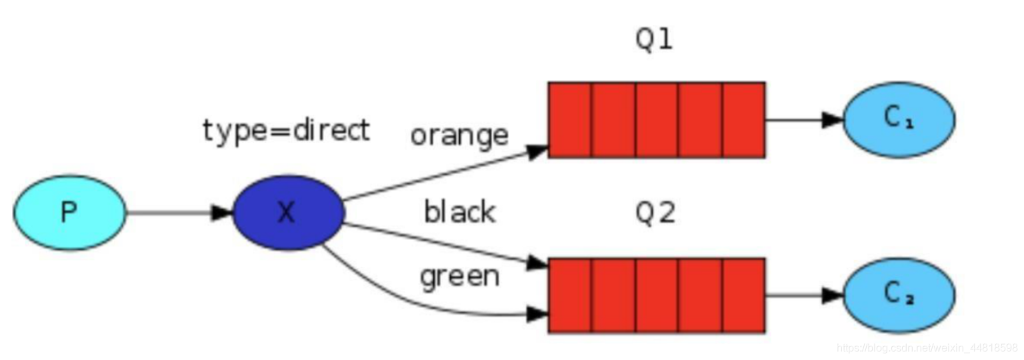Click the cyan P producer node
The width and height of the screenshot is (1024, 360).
pos(69,213)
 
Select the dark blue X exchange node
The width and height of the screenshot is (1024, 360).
pos(288,213)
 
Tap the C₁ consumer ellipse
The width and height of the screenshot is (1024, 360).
pos(899,120)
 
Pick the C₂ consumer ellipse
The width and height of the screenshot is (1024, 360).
pos(899,295)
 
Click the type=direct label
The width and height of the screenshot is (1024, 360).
pos(286,131)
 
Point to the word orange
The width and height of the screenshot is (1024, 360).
pos(459,135)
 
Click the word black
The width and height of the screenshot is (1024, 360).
pos(459,212)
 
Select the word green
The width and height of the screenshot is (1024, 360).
pos(459,275)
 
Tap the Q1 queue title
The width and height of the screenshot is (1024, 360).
pos(655,40)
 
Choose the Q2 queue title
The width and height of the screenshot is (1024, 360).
pos(655,213)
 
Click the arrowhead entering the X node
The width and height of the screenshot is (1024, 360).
pos(222,213)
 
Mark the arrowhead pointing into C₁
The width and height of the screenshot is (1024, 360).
pos(833,120)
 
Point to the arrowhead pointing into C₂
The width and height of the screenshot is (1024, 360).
pos(833,295)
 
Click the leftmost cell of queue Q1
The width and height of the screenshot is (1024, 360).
pos(569,120)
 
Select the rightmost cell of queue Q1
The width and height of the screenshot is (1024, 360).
pos(743,120)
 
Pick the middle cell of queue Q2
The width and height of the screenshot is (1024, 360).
pos(657,295)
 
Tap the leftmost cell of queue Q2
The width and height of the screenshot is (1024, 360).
pos(569,295)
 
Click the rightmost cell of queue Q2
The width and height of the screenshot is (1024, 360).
pos(743,295)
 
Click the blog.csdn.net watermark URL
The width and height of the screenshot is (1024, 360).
pos(927,348)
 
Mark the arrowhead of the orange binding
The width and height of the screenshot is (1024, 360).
pos(537,151)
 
